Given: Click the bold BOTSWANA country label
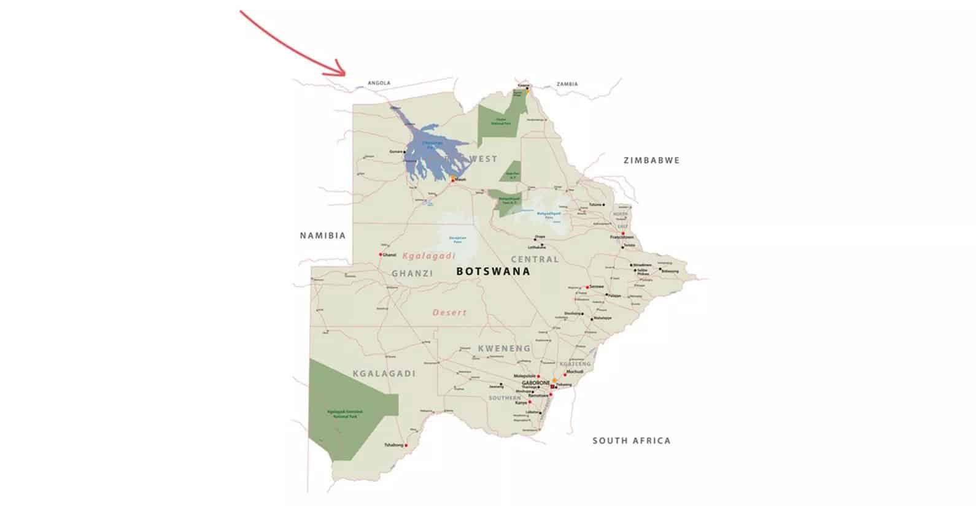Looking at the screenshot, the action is coord(493,271).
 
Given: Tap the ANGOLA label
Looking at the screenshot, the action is coord(379,83).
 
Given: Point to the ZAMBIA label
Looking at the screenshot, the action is coord(567,84).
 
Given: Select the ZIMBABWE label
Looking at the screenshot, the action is coord(651,161).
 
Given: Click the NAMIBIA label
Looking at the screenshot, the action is coord(323,236).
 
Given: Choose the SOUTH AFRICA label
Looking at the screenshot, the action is coord(631,440).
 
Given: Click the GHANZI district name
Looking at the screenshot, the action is coord(412,274).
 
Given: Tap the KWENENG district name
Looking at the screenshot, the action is coord(504,348).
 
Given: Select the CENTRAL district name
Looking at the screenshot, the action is coord(535,259).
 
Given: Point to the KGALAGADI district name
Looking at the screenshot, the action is coord(384,374).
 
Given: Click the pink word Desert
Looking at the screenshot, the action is coord(449,312).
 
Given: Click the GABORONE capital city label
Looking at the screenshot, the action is coord(535,383).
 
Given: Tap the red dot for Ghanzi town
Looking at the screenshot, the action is coord(381,255).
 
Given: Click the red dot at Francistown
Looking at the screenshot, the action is coord(623,233).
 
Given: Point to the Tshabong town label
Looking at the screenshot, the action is coord(393,445).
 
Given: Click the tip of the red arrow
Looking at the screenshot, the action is coord(346,74).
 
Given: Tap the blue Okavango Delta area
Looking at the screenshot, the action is coord(430,150).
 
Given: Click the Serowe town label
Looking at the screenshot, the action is coord(597,286).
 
